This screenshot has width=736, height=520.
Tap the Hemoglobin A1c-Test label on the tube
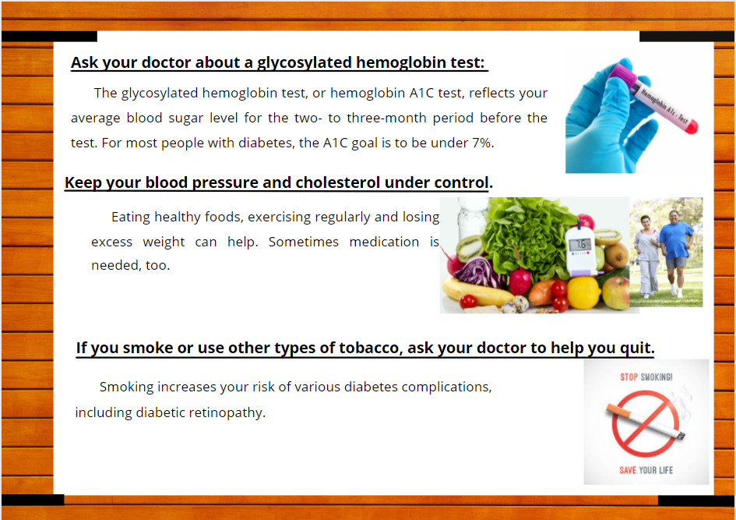[664, 105]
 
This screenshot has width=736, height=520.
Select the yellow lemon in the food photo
[583, 293]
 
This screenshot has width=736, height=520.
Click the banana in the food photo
[475, 291]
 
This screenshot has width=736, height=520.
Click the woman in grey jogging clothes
[647, 256]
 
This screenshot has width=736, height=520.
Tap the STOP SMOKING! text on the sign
[646, 377]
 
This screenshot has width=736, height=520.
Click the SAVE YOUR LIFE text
[646, 470]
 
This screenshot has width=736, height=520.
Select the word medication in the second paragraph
[384, 242]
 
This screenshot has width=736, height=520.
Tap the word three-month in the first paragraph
[386, 118]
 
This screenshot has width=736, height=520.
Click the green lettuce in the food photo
[526, 235]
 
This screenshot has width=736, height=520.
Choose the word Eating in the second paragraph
[131, 218]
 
